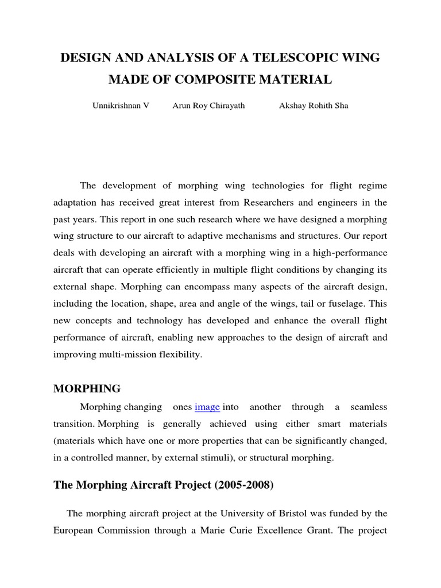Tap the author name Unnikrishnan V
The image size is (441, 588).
pos(121,106)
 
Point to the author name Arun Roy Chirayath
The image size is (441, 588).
pos(208,106)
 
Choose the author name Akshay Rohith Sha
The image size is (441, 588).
pos(313,106)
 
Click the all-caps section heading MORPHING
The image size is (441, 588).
pos(87,389)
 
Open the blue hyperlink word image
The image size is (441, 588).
pos(207,407)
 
